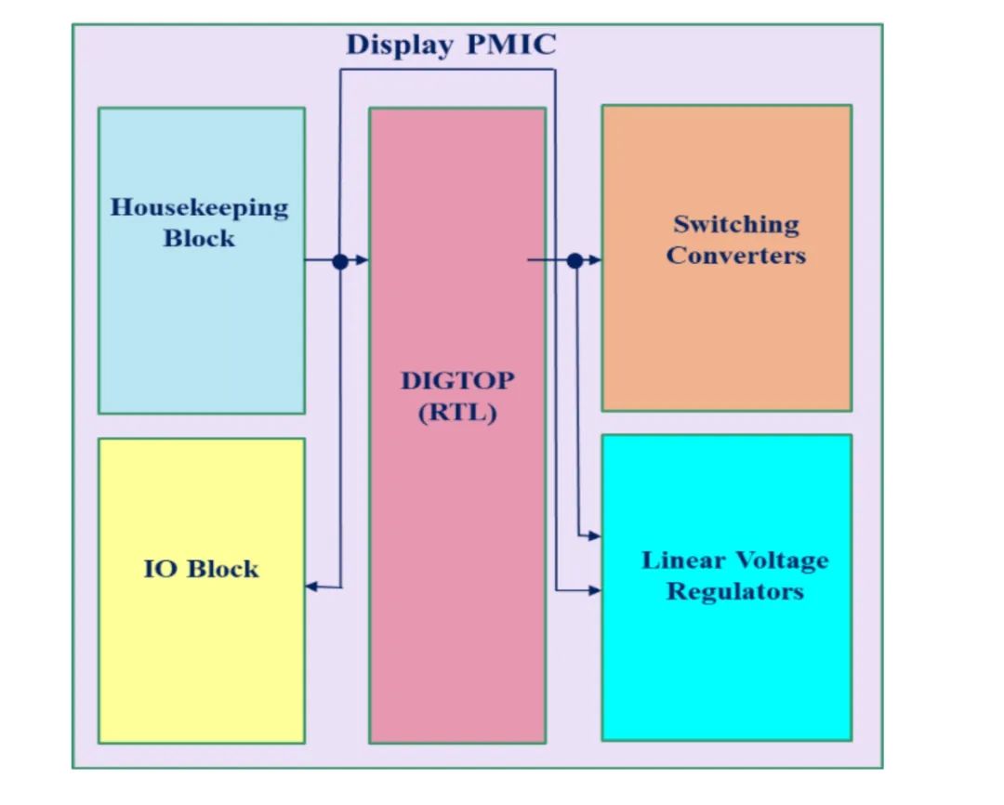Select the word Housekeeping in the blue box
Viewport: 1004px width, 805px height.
pos(200,206)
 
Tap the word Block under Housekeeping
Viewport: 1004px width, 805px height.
pos(199,238)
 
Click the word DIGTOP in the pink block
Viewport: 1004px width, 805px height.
pos(456,380)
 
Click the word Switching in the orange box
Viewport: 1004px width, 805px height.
pos(735,224)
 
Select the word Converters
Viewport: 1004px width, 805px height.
pos(735,255)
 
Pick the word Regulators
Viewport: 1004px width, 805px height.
pos(734,591)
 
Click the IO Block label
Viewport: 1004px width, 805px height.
pos(201,569)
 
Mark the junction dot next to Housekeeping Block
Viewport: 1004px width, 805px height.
pos(340,261)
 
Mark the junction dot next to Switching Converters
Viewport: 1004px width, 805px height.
pos(575,261)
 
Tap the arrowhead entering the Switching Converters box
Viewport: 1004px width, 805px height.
pos(595,261)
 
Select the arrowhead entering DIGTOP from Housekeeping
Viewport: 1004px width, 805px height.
pos(363,261)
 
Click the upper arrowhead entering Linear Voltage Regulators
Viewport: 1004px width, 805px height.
pos(595,536)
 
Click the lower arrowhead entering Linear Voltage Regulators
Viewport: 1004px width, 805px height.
pos(595,589)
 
